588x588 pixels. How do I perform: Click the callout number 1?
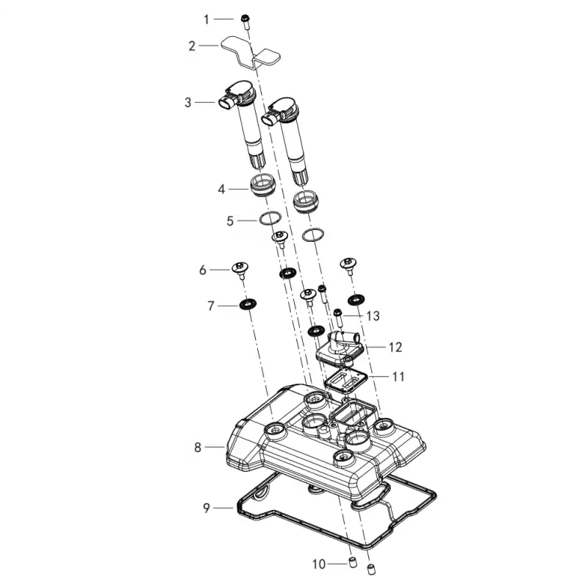(x=207, y=19)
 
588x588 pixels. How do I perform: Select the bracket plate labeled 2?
(x=251, y=53)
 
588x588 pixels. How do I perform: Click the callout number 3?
(x=188, y=102)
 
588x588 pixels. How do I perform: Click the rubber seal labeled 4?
(x=261, y=187)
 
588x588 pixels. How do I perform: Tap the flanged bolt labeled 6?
(x=240, y=270)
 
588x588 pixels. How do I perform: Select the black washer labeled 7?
(x=248, y=303)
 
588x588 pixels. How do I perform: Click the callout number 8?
(x=198, y=448)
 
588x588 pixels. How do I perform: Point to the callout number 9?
(x=207, y=508)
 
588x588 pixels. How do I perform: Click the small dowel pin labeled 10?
(x=352, y=562)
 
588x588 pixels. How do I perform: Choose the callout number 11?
(x=398, y=376)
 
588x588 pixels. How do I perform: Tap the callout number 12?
(x=395, y=347)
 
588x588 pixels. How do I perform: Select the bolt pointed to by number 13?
(x=338, y=318)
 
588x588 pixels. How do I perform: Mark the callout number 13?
(x=373, y=316)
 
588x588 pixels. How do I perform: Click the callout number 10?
(x=319, y=564)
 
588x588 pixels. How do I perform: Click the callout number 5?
(x=230, y=221)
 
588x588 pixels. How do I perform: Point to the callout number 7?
(x=211, y=306)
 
